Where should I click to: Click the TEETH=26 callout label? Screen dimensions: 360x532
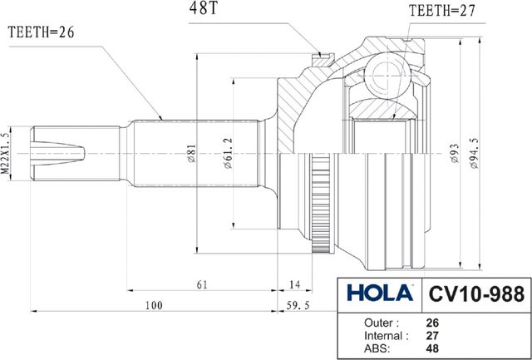[x=41, y=33]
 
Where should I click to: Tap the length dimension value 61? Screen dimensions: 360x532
[x=202, y=284]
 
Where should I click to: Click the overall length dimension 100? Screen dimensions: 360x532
[x=154, y=306]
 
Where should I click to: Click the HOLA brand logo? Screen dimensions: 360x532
[x=379, y=293]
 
